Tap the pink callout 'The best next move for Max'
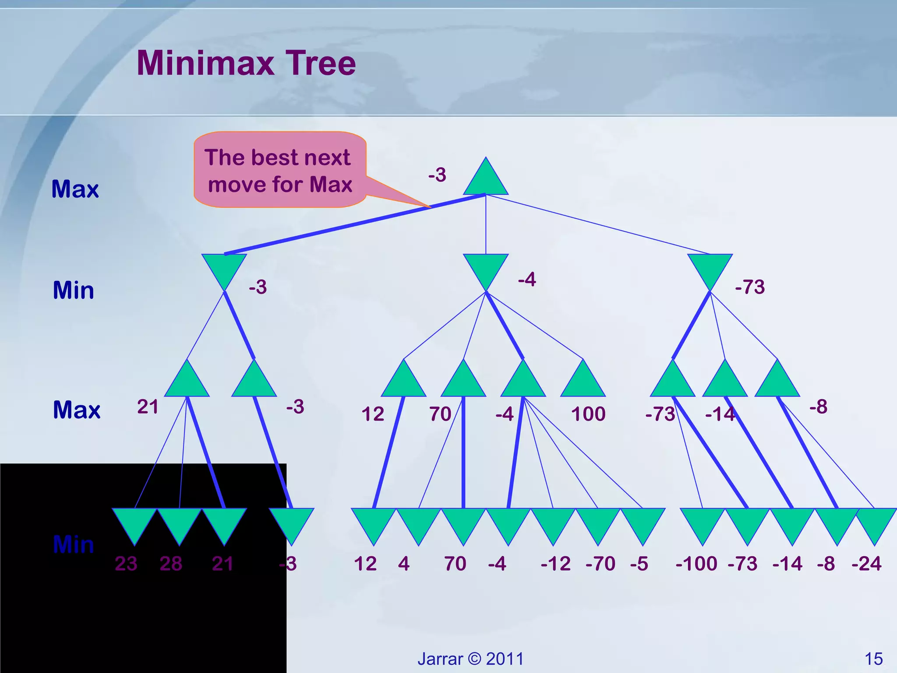279,170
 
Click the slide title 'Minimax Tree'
246,63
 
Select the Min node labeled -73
710,268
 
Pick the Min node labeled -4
485,268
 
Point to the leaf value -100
696,563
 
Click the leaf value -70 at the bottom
600,563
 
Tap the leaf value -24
866,563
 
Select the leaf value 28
171,563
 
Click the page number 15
873,659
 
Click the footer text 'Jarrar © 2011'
470,659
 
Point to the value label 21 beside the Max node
148,407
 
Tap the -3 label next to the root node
437,175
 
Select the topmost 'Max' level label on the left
75,189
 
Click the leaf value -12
555,563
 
